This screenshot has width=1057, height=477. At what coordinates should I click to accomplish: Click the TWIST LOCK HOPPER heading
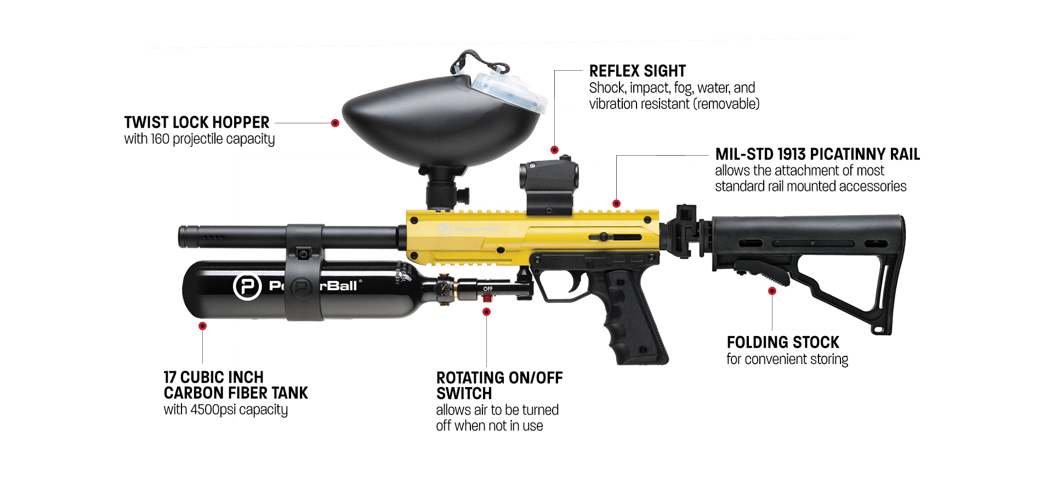coord(196,122)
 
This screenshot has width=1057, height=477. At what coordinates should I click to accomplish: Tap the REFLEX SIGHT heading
coord(637,71)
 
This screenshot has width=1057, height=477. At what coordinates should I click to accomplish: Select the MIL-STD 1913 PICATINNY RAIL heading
coord(817,155)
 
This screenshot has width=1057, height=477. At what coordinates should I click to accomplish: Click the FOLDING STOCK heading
coord(782,343)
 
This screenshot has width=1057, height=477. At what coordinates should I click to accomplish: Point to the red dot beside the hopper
coord(335,123)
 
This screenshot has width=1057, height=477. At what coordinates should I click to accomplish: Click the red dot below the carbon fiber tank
coord(202,326)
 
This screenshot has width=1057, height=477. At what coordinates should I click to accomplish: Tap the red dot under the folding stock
coord(772,291)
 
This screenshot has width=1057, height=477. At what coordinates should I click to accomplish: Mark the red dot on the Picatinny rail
coord(616,204)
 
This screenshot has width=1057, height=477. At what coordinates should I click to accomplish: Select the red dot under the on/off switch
coord(486,312)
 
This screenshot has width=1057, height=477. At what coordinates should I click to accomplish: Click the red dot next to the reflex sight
coord(554,150)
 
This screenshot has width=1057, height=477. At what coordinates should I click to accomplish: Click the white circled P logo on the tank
coord(247,286)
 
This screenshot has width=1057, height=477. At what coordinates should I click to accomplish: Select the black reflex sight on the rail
coord(548,184)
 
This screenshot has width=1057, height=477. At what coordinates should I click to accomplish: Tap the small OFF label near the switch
coord(487,289)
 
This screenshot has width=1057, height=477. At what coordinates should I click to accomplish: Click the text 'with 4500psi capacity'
coord(225,410)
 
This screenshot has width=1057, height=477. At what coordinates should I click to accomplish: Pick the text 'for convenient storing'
coord(787,360)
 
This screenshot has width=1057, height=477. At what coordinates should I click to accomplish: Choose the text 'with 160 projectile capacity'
coord(199,139)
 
